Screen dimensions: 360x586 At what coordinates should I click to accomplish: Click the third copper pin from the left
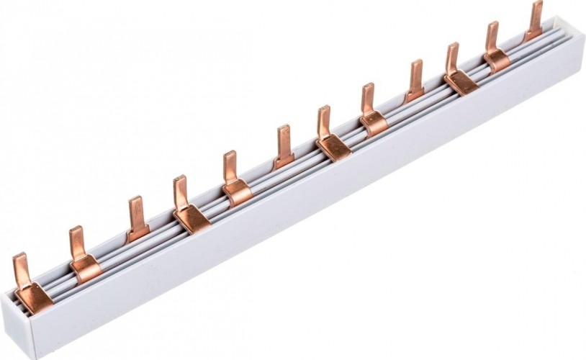coord(138,219)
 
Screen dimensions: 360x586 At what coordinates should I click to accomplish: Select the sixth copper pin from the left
coord(284,147)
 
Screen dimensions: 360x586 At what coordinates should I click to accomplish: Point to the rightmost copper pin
coord(535,20)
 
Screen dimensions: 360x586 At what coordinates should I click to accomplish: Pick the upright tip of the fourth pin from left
coord(180,189)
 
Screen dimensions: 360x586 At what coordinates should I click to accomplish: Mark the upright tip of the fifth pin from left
coord(230,165)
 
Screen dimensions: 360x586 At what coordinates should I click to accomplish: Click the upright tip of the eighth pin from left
coord(368,97)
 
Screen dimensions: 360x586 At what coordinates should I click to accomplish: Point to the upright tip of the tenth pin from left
coord(452,56)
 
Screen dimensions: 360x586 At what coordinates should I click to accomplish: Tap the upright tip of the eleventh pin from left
coord(492,35)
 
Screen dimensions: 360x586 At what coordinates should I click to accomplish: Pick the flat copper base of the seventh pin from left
coord(335,146)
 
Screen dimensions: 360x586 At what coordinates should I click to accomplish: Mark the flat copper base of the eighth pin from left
coord(375,124)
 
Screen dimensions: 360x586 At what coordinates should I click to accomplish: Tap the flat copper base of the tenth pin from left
coord(461,83)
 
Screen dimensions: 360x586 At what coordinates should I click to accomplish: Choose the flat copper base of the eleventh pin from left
coord(498,62)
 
